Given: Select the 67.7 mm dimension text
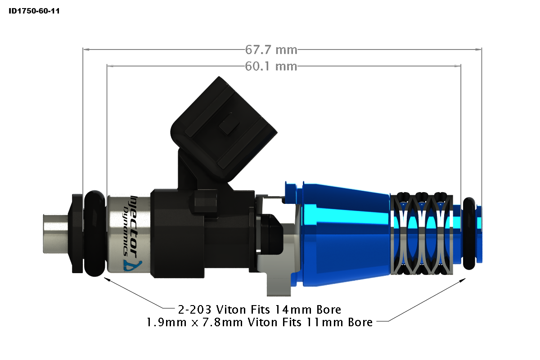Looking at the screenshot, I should (271, 49).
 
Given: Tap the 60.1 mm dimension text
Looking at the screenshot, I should (271, 67).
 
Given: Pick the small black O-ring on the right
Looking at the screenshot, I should (469, 233).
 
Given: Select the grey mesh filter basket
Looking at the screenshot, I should (421, 234).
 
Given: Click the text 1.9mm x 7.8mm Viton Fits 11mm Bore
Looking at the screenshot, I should (260, 322).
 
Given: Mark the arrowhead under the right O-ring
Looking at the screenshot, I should (463, 280).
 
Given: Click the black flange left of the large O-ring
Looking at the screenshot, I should (77, 233).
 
